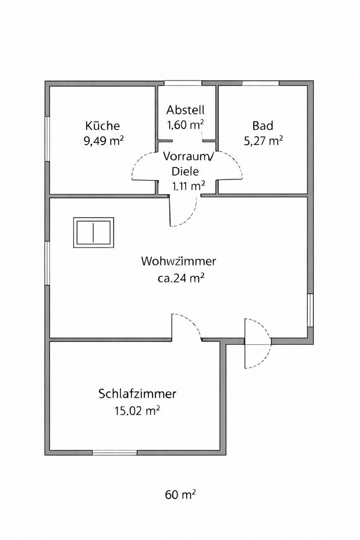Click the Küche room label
[102, 126]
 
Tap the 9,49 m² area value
[103, 141]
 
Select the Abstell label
[185, 110]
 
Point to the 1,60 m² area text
[185, 125]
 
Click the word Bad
[263, 126]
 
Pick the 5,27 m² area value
[263, 141]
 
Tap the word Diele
[185, 172]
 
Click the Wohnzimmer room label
[178, 262]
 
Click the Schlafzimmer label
[137, 393]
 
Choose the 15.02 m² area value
[137, 410]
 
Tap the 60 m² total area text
[180, 495]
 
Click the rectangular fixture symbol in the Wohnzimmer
[93, 232]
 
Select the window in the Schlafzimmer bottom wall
[115, 452]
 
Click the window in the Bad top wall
[260, 83]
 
